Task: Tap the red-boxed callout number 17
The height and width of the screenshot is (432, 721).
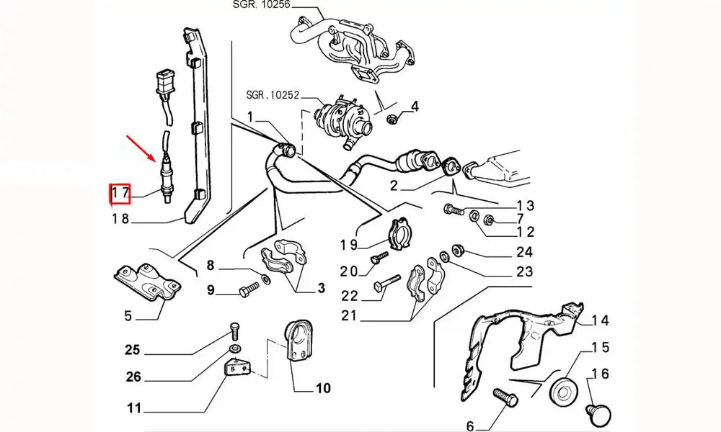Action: (x=119, y=194)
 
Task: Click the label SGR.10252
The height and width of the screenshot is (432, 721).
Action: (x=273, y=94)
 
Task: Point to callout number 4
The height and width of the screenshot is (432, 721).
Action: (x=414, y=108)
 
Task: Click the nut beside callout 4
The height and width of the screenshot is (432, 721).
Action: (x=392, y=119)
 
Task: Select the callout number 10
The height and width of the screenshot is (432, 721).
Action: (x=322, y=388)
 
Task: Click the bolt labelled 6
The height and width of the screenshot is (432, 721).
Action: (x=502, y=397)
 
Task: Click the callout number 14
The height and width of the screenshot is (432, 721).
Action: (x=601, y=320)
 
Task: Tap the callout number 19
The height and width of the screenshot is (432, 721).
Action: (x=349, y=245)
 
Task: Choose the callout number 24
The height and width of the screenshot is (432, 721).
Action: (x=524, y=252)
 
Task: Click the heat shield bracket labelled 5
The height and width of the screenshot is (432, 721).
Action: (x=148, y=286)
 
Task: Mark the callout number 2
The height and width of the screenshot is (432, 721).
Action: (x=394, y=186)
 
